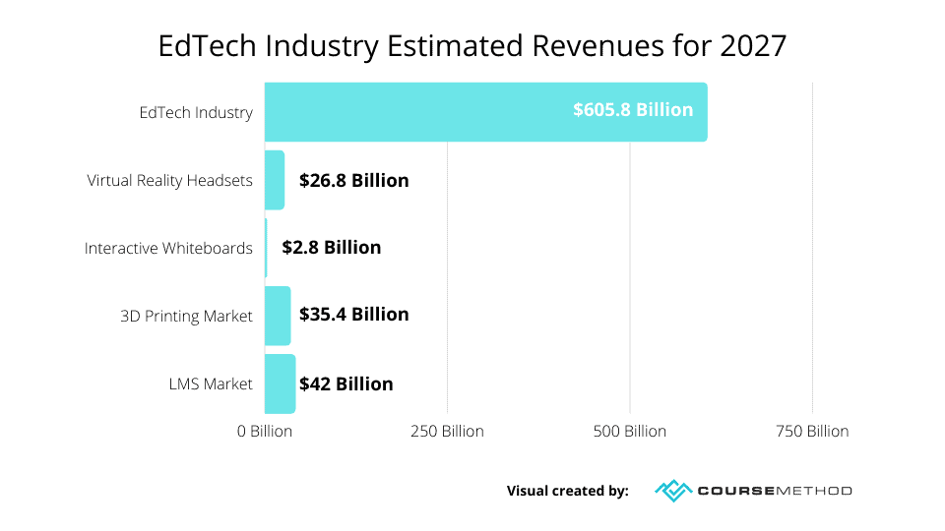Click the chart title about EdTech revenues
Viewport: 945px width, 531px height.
[472, 46]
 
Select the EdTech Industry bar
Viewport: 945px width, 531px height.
[413, 112]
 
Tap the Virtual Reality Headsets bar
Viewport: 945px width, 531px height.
[275, 180]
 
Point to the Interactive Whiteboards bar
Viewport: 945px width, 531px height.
[266, 248]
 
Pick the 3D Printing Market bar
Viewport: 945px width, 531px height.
[278, 316]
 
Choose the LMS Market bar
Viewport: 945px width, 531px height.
[280, 383]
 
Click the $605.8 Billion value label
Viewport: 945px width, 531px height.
[633, 110]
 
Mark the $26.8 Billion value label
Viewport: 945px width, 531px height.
[354, 180]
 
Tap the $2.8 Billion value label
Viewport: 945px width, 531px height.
[332, 248]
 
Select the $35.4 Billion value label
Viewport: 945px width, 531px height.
[354, 316]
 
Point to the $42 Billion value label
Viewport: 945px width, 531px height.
[346, 383]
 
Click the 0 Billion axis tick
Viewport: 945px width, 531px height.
[265, 432]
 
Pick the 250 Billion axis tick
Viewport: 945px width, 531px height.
[447, 432]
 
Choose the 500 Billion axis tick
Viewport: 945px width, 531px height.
[630, 432]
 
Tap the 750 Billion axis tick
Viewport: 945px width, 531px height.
[812, 432]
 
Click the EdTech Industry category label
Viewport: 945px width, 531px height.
[196, 112]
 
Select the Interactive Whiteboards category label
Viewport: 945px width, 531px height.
[168, 248]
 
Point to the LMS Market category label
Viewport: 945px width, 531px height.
[211, 383]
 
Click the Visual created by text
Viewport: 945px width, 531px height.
[568, 491]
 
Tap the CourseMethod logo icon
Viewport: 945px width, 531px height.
[672, 490]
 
